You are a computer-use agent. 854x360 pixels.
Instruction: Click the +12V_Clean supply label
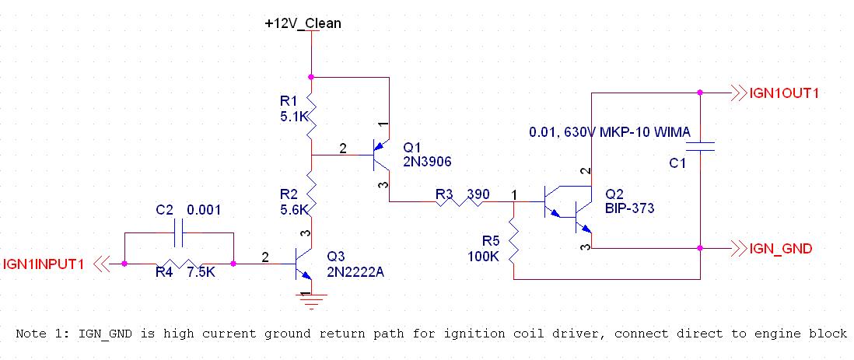pos(303,23)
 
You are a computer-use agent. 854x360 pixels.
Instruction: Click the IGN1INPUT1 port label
pos(44,264)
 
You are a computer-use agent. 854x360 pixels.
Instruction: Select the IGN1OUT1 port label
pos(786,93)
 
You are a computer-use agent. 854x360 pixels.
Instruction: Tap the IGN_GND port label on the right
pos(782,249)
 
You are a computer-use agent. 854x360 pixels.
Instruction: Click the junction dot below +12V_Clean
pos(311,77)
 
